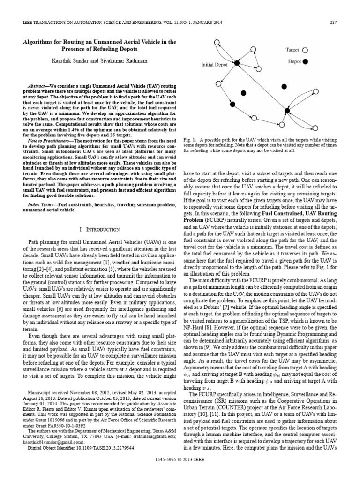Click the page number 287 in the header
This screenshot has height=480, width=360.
tap(334, 22)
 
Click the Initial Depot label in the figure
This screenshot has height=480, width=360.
tap(216, 65)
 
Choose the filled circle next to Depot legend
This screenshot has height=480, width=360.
tap(305, 61)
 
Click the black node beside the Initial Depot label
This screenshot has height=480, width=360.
tap(237, 63)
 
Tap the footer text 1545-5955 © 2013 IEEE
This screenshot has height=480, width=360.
tap(180, 472)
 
